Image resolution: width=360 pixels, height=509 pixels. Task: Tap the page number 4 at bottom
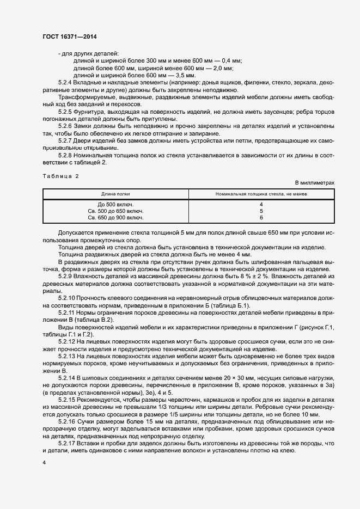point(44,462)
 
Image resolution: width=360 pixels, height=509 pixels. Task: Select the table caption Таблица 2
point(60,176)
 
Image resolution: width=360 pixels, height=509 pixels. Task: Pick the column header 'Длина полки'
point(115,194)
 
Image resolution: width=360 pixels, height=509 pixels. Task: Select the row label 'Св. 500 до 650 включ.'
point(116,211)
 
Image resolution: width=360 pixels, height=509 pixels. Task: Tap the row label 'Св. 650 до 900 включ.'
point(116,217)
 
